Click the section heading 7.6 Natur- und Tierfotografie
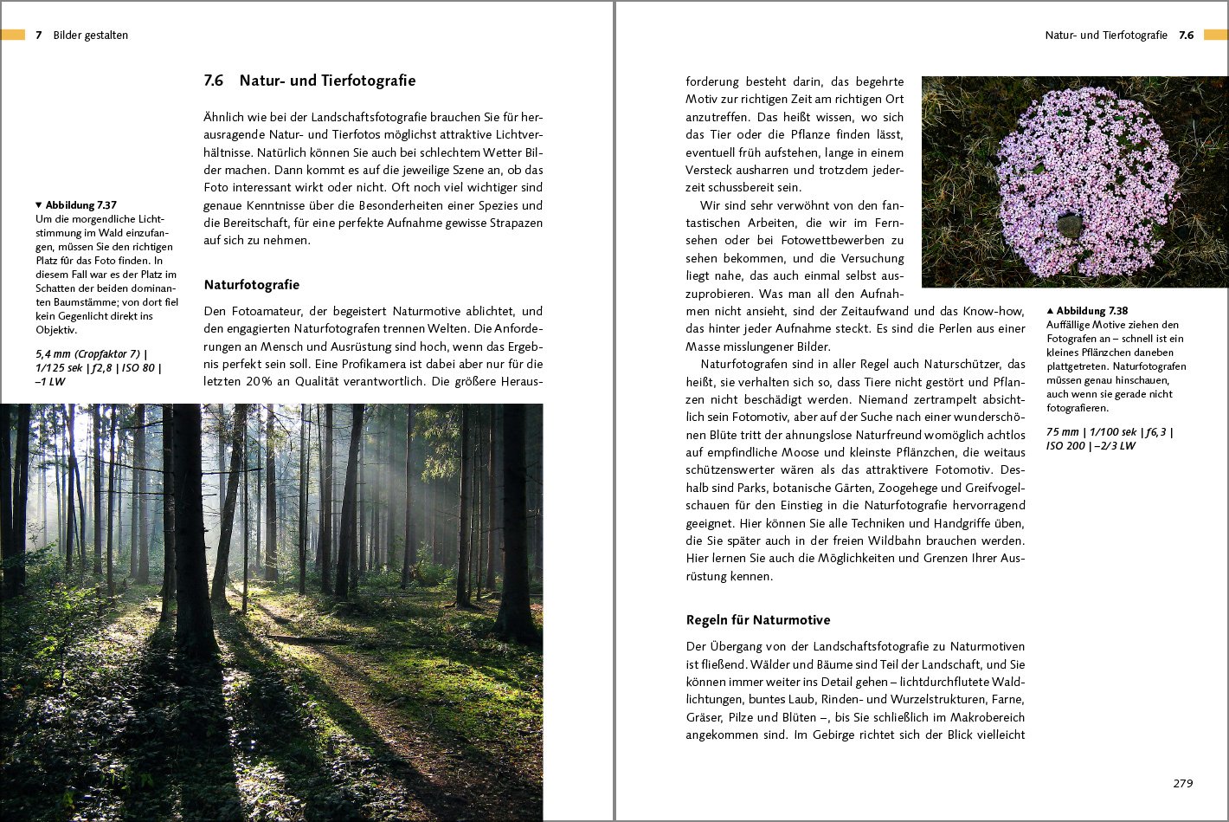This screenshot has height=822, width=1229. click(309, 81)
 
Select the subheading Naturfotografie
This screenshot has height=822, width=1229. click(251, 285)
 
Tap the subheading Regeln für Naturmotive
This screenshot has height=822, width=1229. click(757, 620)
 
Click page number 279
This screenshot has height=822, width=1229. click(1182, 783)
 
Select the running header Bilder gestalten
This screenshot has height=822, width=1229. click(90, 36)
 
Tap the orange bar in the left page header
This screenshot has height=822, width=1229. click(13, 35)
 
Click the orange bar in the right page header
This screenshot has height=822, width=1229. click(1215, 36)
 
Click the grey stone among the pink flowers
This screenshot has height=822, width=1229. click(1070, 225)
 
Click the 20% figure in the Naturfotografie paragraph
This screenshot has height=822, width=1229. click(256, 381)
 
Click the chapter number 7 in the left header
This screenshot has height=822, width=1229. click(38, 36)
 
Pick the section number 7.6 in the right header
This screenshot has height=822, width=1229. click(1186, 36)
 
